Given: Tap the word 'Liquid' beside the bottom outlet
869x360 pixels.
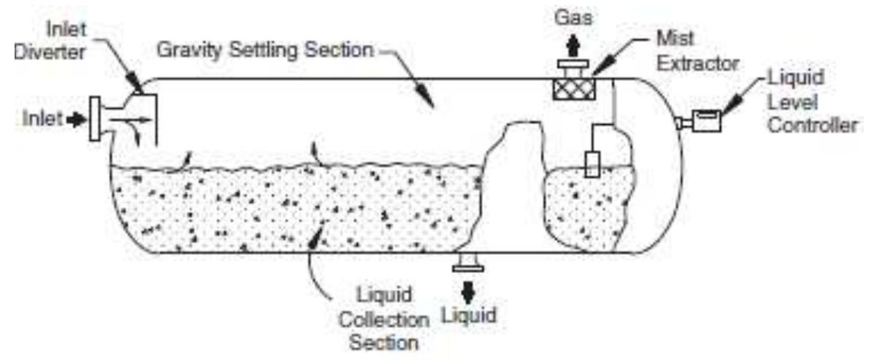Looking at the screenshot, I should click(x=469, y=315).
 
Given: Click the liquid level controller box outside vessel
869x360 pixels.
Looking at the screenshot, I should click(x=706, y=120).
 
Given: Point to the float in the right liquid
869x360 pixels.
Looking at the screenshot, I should click(x=592, y=164).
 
